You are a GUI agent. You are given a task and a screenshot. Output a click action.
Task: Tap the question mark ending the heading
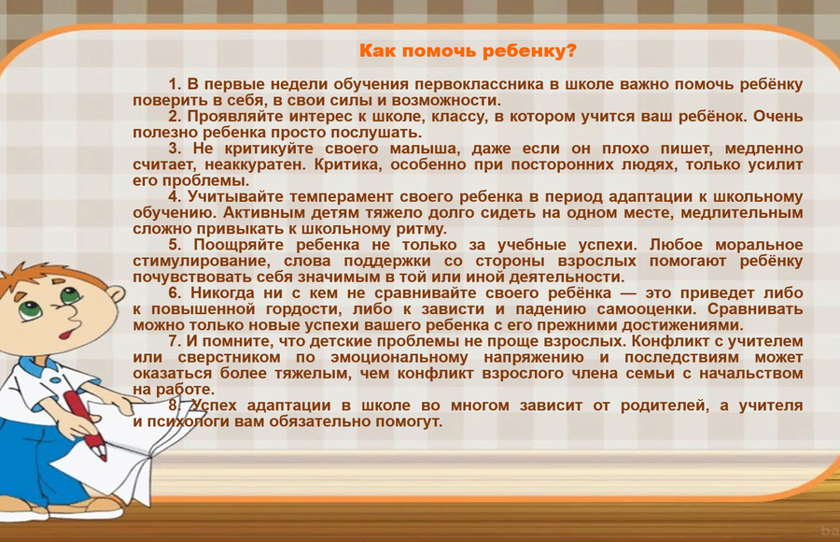coord(571,50)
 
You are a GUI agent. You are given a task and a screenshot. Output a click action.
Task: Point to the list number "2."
coord(175,117)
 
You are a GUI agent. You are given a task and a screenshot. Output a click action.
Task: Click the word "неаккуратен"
coord(255,164)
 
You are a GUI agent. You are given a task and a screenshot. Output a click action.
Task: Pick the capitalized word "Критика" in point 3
coord(348,164)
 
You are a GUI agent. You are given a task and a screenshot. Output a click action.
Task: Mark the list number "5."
coord(175,245)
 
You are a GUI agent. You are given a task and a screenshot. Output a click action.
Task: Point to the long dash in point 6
coord(628,294)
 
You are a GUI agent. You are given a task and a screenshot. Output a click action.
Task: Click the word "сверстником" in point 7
coord(230,358)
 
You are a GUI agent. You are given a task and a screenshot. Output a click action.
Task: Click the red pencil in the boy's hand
coord(85,425)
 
